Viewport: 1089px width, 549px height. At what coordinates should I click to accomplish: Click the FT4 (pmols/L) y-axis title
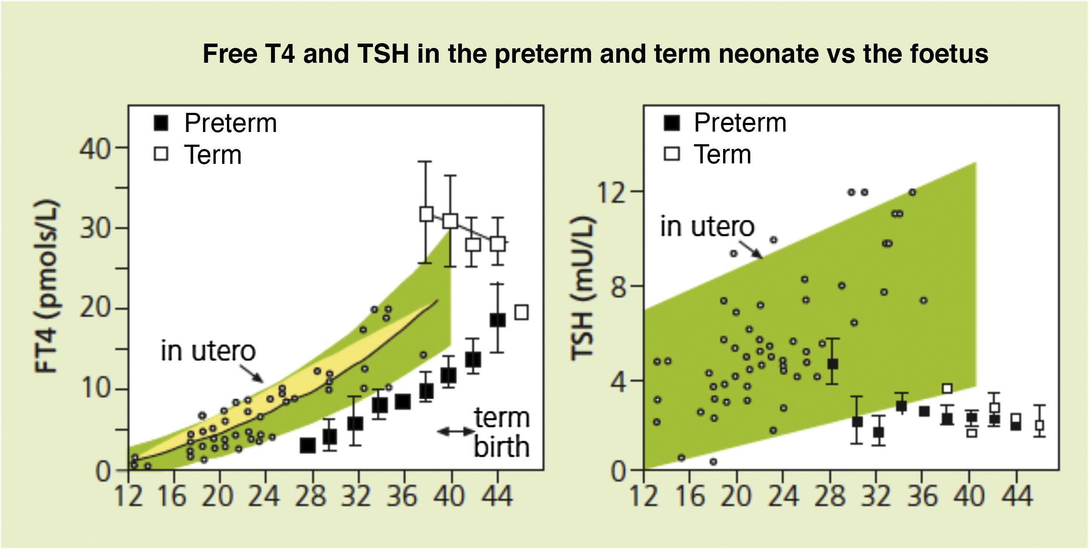coord(47,287)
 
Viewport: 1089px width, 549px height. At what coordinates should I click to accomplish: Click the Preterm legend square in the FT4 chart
coord(161,123)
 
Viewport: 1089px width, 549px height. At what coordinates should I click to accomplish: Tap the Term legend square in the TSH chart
coord(672,154)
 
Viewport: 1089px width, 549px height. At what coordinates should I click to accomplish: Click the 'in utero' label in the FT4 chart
coord(208,351)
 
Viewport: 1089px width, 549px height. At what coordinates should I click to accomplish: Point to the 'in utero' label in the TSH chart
coord(707,227)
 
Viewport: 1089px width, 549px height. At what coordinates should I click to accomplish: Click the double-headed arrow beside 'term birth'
coord(455,431)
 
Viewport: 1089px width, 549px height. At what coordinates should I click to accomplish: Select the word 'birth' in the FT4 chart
coord(501,447)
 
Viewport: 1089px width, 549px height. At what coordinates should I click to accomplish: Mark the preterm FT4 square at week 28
coord(308,446)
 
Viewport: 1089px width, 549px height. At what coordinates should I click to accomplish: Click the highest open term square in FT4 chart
coord(426,214)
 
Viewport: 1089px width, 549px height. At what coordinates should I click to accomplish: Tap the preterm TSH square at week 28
coord(832,364)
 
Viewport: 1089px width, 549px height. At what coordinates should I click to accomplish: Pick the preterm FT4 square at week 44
coord(498,320)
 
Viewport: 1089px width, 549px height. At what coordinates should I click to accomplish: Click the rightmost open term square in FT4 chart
coord(521,312)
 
